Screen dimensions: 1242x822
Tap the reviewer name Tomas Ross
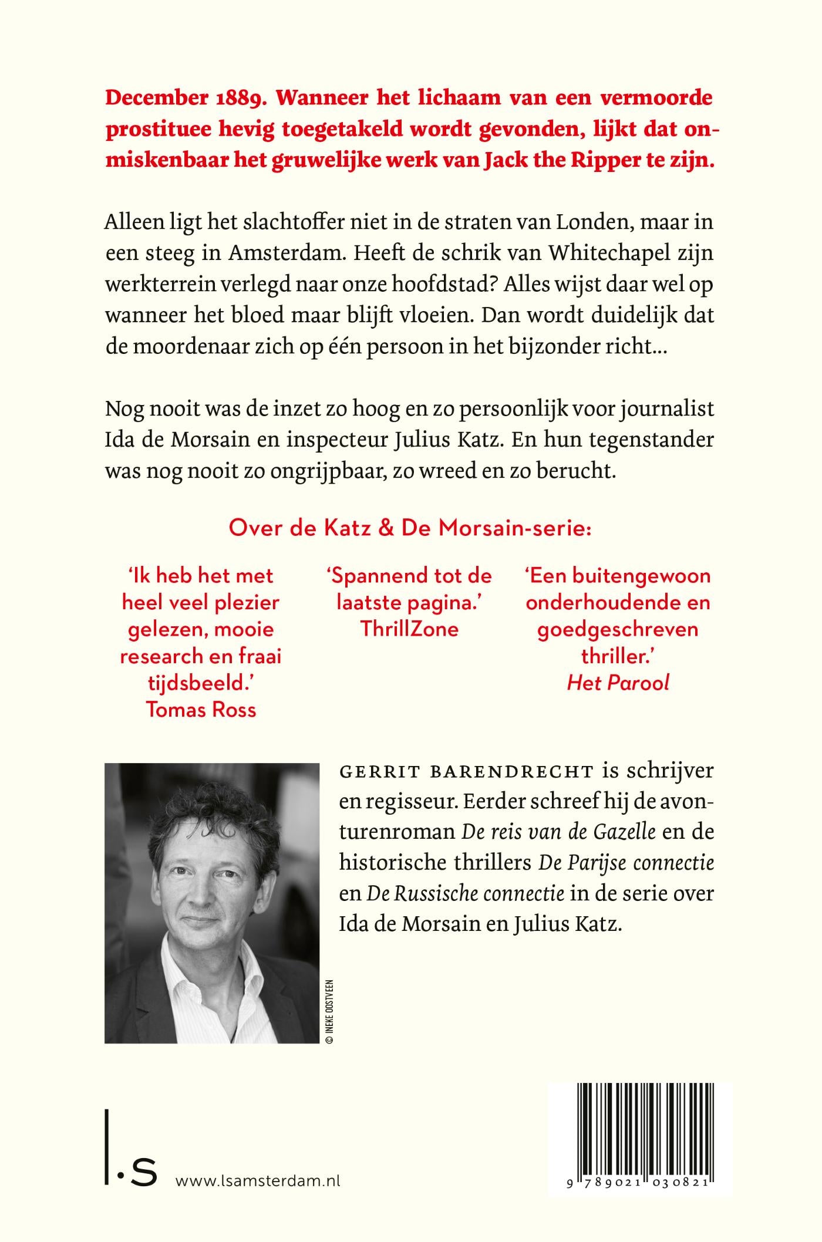[x=201, y=710]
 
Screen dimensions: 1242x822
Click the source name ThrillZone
[x=409, y=629]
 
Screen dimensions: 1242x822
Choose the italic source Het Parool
[x=618, y=683]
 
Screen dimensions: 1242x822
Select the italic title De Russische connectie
[x=466, y=893]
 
